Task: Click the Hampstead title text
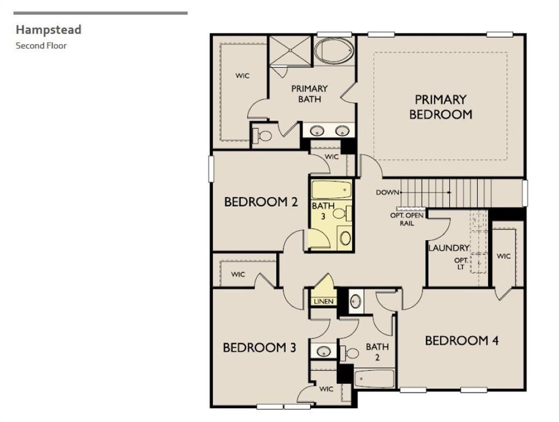(x=48, y=30)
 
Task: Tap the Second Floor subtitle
(x=41, y=46)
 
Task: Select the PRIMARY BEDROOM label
(x=440, y=107)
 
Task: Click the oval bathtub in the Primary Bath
(x=335, y=51)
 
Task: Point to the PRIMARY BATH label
(x=309, y=93)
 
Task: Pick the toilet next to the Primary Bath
(x=263, y=135)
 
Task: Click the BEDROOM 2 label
(x=261, y=202)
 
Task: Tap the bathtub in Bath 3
(x=331, y=190)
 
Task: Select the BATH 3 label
(x=323, y=211)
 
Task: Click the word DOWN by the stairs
(x=388, y=192)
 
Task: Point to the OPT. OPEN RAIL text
(x=407, y=219)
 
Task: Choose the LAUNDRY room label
(x=449, y=248)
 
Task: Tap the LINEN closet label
(x=323, y=302)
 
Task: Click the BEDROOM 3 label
(x=259, y=348)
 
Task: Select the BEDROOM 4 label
(x=462, y=341)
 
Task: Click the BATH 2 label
(x=377, y=352)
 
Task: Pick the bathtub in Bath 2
(x=374, y=379)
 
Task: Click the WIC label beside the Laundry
(x=503, y=256)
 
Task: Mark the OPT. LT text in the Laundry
(x=460, y=264)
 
